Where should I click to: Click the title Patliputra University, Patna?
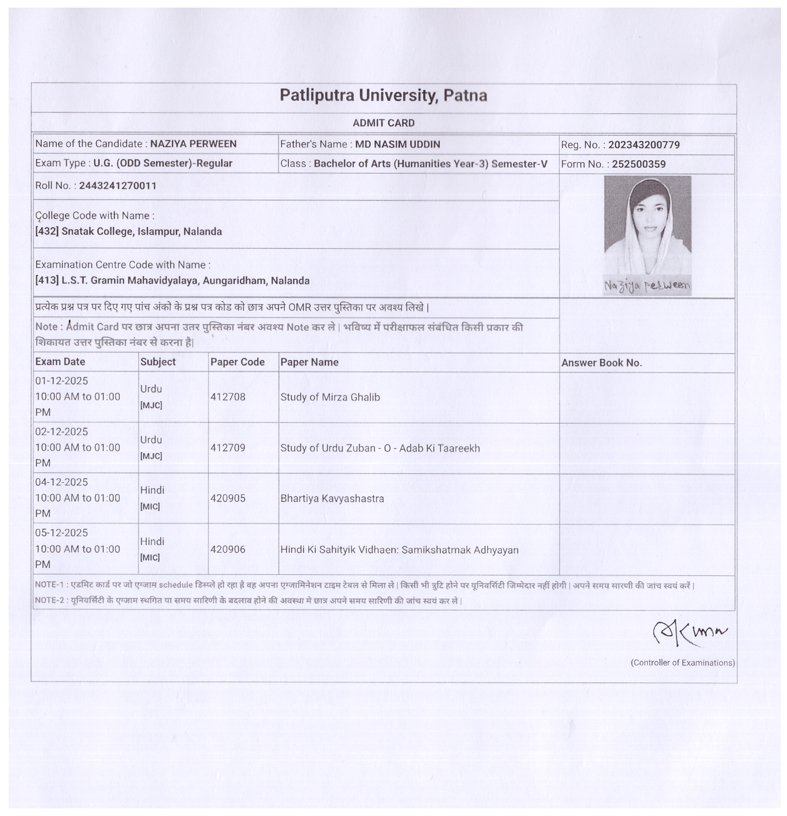383,96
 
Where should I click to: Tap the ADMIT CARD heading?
384,123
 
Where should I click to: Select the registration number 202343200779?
644,145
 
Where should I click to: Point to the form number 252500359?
639,164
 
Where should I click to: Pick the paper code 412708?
228,397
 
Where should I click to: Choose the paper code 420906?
228,549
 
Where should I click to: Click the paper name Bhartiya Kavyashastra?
332,498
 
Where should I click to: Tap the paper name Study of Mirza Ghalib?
330,397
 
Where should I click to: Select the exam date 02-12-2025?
61,431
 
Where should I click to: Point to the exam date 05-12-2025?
61,532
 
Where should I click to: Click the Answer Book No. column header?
602,363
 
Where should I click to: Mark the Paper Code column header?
237,362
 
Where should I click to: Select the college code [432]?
47,232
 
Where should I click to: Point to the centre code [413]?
47,280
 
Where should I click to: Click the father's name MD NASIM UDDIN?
397,144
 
